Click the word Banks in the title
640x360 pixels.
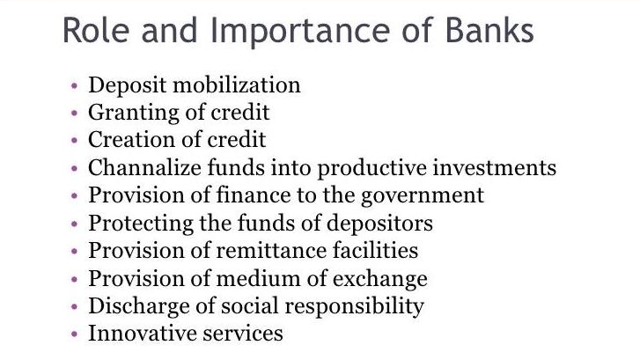point(489,30)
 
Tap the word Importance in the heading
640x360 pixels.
point(300,33)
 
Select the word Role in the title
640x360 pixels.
point(96,30)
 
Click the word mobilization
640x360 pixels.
point(237,85)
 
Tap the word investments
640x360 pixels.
point(494,168)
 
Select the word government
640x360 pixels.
point(423,196)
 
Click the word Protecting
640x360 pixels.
point(140,224)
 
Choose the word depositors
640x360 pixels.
point(379,224)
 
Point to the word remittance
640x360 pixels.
point(271,251)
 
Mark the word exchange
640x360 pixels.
point(380,279)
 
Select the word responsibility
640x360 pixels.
point(354,306)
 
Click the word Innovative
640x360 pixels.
point(143,333)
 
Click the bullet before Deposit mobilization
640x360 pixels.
point(74,85)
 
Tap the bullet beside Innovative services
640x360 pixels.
point(74,334)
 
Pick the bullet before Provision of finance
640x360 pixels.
point(74,196)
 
